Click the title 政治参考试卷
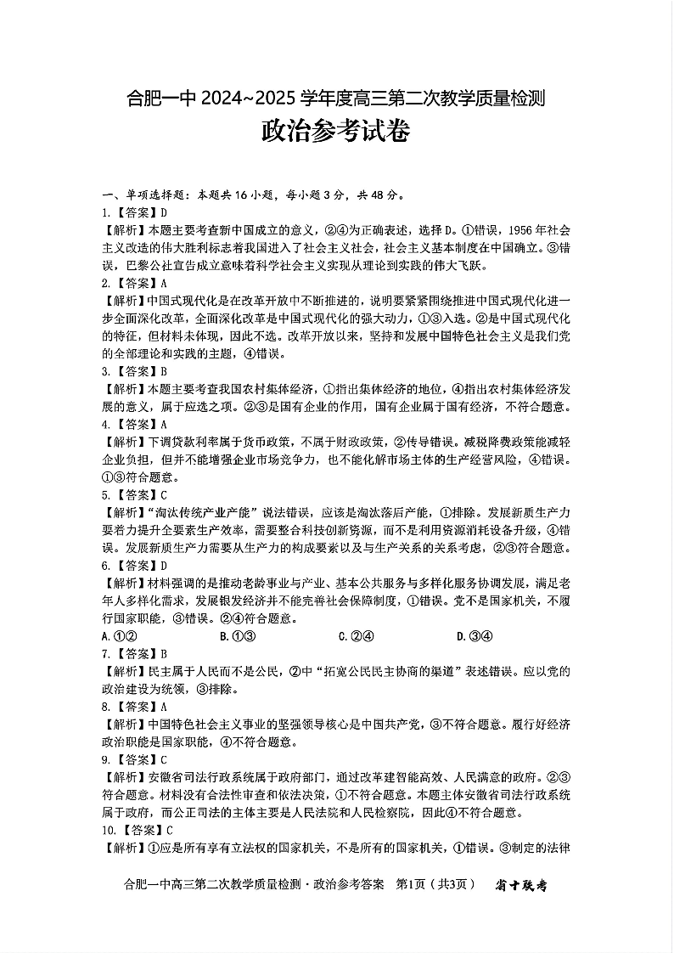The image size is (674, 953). pyautogui.click(x=336, y=133)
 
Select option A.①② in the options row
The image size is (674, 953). pyautogui.click(x=120, y=635)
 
